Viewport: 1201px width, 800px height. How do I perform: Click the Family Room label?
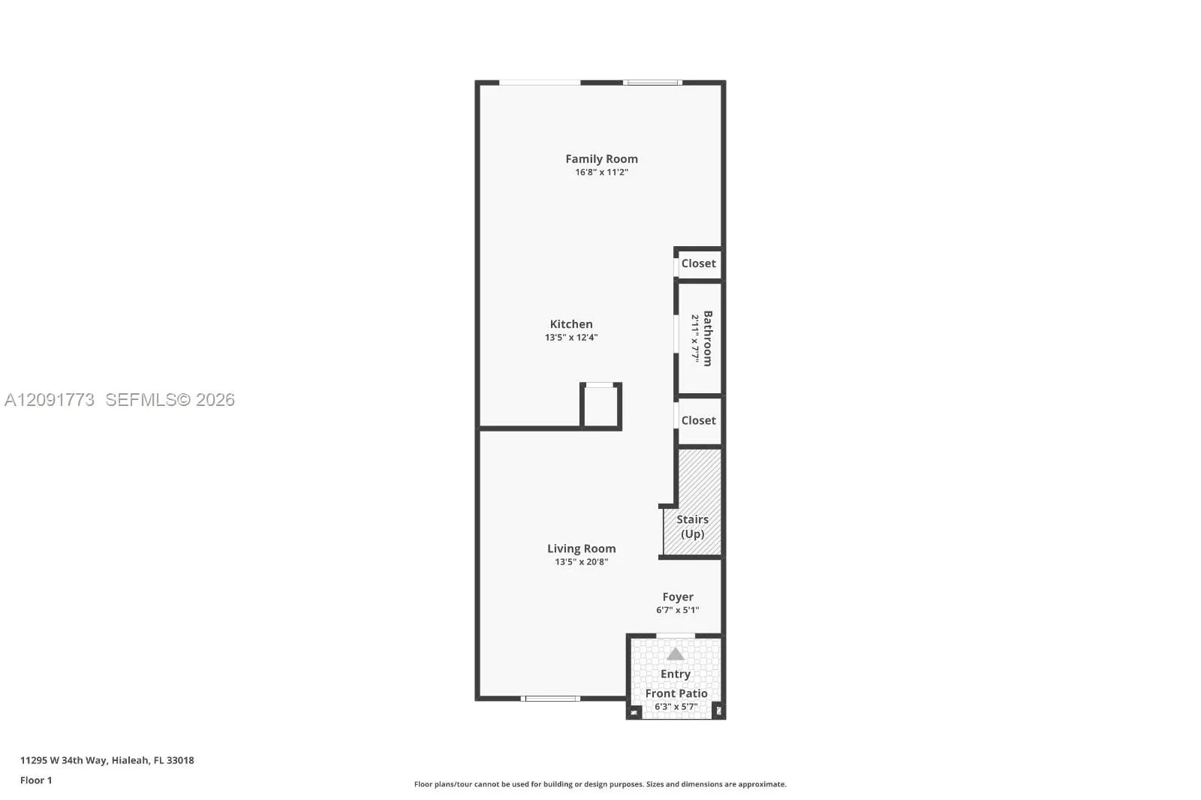tap(601, 158)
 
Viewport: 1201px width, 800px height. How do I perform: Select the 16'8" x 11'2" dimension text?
tap(601, 172)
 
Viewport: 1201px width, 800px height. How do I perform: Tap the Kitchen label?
tap(571, 324)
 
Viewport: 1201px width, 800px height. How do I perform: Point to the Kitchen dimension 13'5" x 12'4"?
tap(571, 337)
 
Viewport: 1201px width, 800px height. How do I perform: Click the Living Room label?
tap(581, 549)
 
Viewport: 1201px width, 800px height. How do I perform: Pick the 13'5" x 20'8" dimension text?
tap(581, 562)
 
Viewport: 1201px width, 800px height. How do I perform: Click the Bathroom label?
tap(708, 338)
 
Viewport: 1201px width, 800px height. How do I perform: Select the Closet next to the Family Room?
tap(698, 263)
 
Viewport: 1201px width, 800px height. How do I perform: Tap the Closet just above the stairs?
tap(698, 420)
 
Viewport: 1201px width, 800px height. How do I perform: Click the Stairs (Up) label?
tap(692, 527)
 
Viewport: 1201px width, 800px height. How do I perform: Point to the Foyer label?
tap(678, 597)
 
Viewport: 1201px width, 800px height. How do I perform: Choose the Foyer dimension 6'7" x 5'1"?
tap(678, 609)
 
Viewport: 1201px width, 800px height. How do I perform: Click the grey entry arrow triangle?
tap(676, 654)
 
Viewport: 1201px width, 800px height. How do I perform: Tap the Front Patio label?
tap(676, 693)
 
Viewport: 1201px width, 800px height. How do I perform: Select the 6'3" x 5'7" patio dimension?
tap(676, 707)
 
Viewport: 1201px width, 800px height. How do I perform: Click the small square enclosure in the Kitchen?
tap(601, 406)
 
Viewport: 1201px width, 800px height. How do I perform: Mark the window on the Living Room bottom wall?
tap(551, 699)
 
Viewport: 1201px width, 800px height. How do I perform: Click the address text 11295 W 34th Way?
tap(65, 760)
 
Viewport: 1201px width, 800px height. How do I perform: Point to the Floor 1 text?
tap(36, 780)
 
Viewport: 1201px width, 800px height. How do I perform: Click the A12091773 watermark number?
tap(50, 400)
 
